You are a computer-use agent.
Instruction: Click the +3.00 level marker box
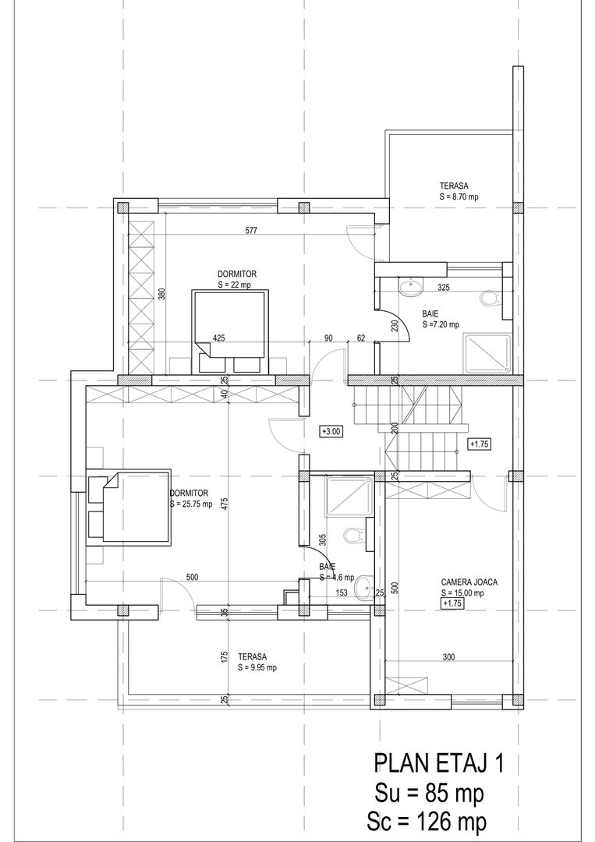pyautogui.click(x=331, y=430)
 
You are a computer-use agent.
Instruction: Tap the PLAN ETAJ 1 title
pyautogui.click(x=439, y=763)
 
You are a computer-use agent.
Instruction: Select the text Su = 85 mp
pyautogui.click(x=430, y=793)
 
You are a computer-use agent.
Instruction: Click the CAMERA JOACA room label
pyautogui.click(x=469, y=582)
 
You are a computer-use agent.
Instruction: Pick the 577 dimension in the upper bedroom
pyautogui.click(x=251, y=231)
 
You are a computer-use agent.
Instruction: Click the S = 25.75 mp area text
pyautogui.click(x=191, y=504)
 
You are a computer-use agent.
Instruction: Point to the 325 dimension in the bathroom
pyautogui.click(x=443, y=287)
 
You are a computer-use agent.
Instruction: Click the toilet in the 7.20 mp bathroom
pyautogui.click(x=489, y=299)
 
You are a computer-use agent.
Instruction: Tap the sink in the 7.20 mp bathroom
pyautogui.click(x=411, y=286)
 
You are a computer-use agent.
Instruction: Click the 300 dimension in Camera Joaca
pyautogui.click(x=449, y=656)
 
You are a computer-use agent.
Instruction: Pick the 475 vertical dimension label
pyautogui.click(x=226, y=504)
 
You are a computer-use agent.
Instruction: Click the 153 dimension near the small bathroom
pyautogui.click(x=342, y=593)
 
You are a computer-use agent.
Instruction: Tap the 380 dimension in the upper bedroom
pyautogui.click(x=161, y=295)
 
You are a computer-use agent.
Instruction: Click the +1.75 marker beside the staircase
pyautogui.click(x=480, y=444)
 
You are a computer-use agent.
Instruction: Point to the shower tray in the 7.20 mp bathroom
pyautogui.click(x=487, y=353)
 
